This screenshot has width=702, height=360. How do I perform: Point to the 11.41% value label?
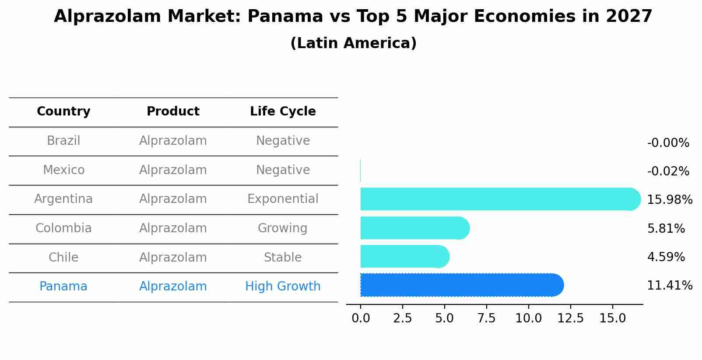[669, 286]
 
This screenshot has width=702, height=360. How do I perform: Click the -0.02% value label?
[668, 171]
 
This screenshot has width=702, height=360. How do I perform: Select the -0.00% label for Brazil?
[668, 143]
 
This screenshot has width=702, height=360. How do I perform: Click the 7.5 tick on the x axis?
[486, 318]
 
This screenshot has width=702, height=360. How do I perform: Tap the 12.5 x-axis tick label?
[570, 318]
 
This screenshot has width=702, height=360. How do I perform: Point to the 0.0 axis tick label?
[361, 318]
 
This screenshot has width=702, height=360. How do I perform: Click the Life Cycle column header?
[283, 112]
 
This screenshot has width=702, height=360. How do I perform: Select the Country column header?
[63, 112]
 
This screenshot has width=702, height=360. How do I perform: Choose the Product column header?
[173, 112]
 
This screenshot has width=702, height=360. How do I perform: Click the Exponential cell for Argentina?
[283, 199]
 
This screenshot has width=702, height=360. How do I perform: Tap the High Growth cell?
[283, 287]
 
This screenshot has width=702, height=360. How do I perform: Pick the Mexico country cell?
[63, 170]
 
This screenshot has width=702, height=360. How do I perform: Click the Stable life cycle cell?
[283, 257]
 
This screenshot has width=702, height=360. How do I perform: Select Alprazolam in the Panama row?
[173, 287]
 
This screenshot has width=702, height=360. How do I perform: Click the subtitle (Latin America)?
[353, 43]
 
